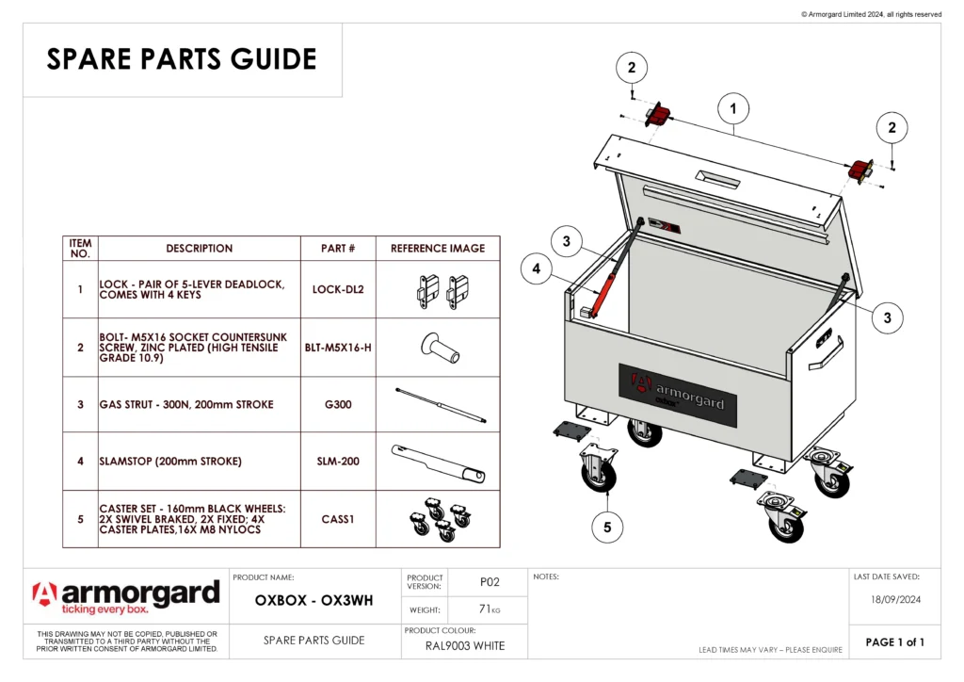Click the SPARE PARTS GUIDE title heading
pyautogui.click(x=182, y=59)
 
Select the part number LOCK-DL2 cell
pyautogui.click(x=338, y=289)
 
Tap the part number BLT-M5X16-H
pyautogui.click(x=338, y=348)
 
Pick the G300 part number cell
pyautogui.click(x=338, y=405)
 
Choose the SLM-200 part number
pyautogui.click(x=338, y=462)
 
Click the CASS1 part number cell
pyautogui.click(x=338, y=519)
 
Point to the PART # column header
pyautogui.click(x=338, y=249)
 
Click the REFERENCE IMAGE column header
pyautogui.click(x=438, y=249)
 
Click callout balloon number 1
pyautogui.click(x=733, y=109)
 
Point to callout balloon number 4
pyautogui.click(x=536, y=269)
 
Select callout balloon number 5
pyautogui.click(x=607, y=528)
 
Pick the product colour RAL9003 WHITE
pyautogui.click(x=467, y=645)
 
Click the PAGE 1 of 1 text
pyautogui.click(x=894, y=642)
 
